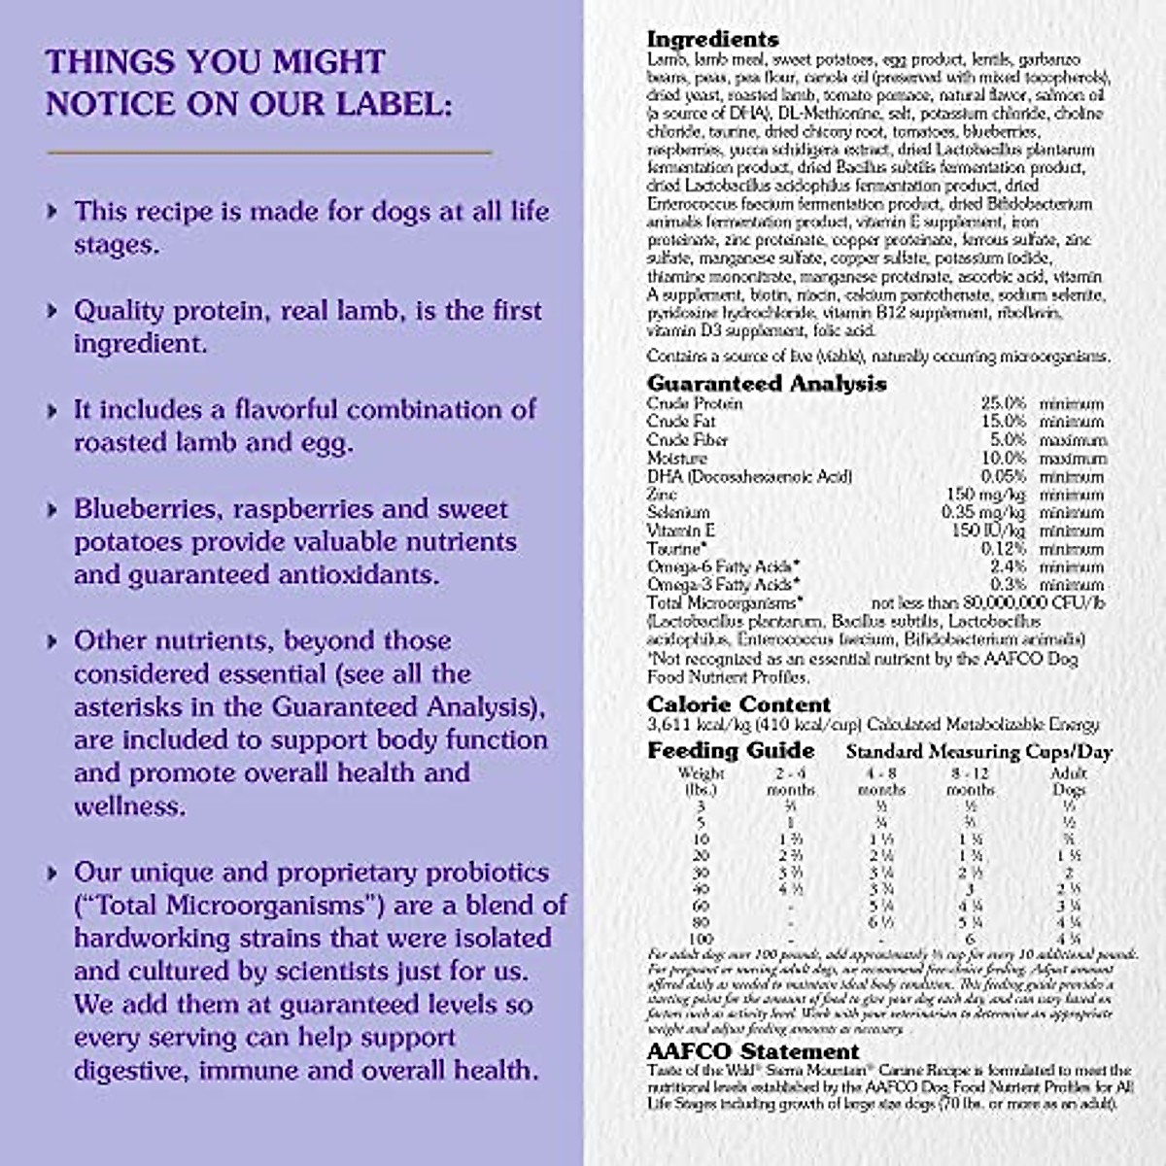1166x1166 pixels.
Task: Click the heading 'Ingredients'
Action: (712, 40)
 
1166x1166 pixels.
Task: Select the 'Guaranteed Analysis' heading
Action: (767, 384)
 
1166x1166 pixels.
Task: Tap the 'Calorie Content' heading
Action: (738, 704)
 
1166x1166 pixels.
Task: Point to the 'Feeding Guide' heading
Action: (731, 750)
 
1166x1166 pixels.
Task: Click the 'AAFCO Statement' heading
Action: (753, 1051)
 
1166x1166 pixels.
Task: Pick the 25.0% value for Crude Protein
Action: (1003, 403)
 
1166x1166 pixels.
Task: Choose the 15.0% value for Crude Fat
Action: (1003, 422)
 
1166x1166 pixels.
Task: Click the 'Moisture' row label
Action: (676, 458)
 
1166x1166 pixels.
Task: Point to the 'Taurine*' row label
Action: (675, 549)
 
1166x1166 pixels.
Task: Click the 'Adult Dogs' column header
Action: (1069, 781)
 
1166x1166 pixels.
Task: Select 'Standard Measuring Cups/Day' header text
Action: (978, 751)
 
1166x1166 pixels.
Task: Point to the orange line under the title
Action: (269, 153)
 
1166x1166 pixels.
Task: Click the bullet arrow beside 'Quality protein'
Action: (53, 311)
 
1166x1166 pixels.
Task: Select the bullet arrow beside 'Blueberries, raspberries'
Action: (53, 509)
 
